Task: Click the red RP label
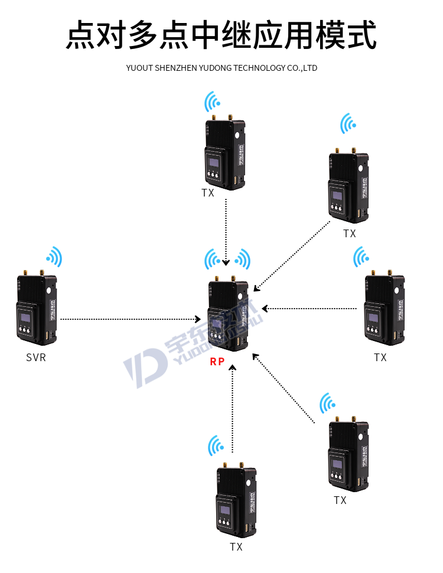coord(217,361)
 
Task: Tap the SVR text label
coord(36,358)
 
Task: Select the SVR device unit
coord(36,310)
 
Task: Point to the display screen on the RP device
coord(218,323)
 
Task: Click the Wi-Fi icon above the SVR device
coord(55,257)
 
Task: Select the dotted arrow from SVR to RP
coord(130,319)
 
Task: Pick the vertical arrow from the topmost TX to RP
coord(227,230)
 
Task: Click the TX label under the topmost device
coord(208,193)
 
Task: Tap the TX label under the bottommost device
coord(236,547)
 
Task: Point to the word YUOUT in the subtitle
coord(139,68)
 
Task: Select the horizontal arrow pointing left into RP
coord(310,308)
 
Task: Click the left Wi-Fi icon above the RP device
coord(213,259)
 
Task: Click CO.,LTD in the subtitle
coord(301,68)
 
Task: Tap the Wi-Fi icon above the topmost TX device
coord(213,101)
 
